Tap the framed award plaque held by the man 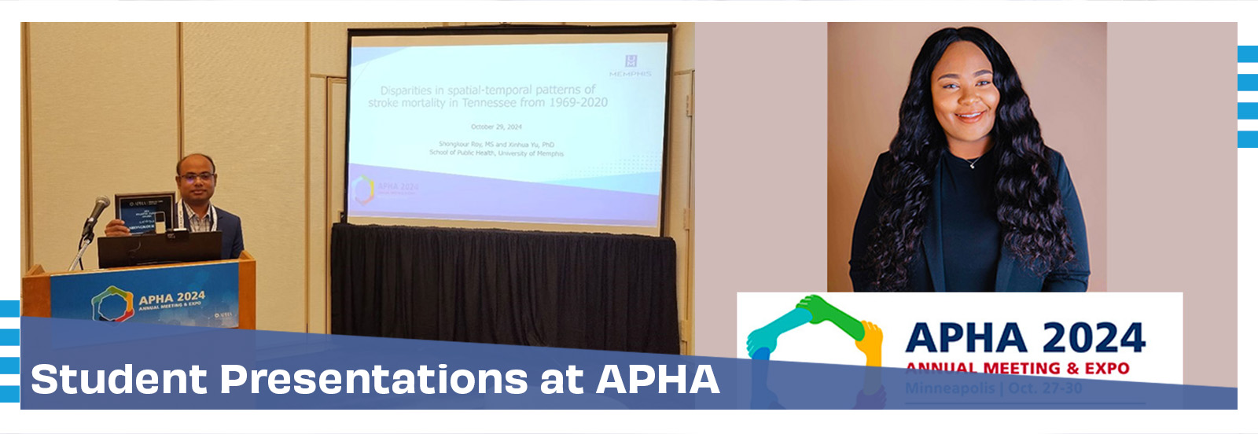144,213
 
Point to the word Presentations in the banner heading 374,379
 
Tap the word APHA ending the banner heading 657,379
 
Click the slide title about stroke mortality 487,96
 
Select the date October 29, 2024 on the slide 496,127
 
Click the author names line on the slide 496,145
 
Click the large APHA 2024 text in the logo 1024,338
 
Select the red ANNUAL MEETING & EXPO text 1017,368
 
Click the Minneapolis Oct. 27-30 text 993,388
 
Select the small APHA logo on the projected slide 363,189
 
